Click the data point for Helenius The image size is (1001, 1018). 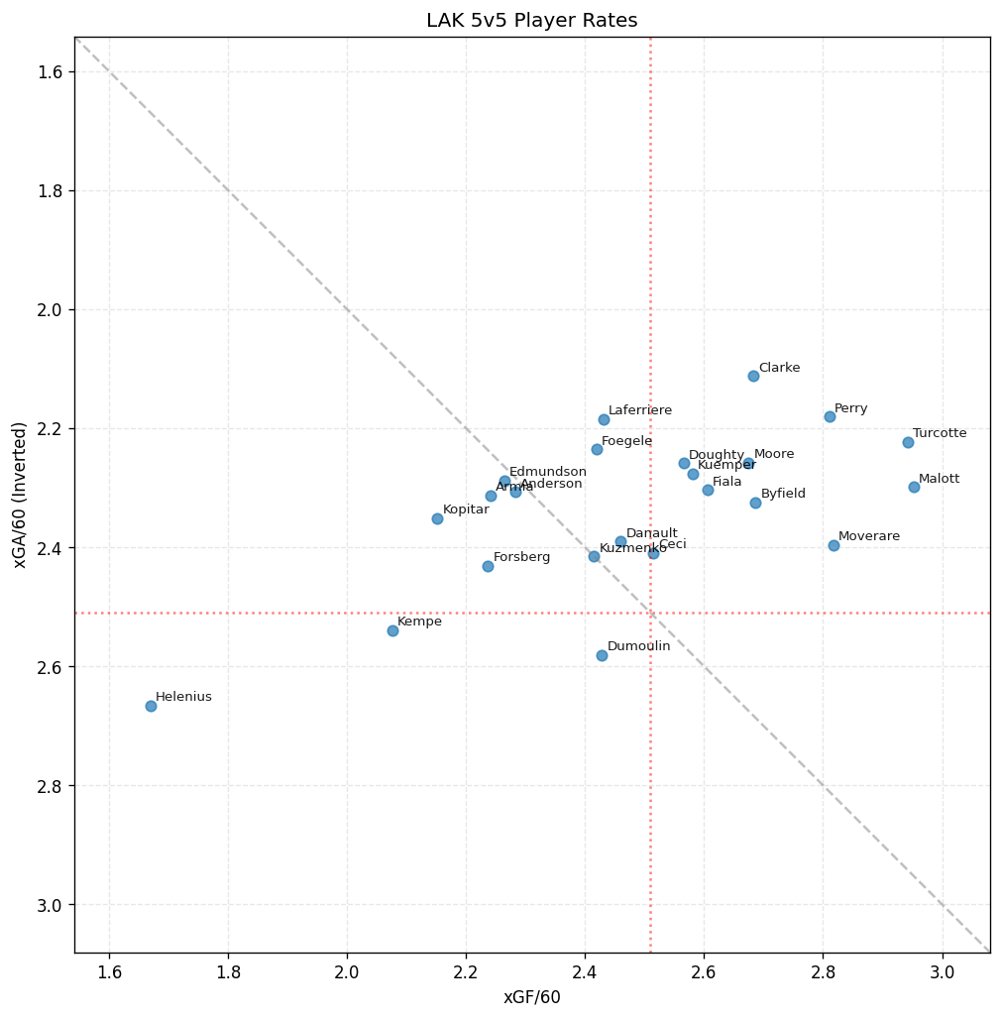151,706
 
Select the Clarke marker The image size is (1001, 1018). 753,376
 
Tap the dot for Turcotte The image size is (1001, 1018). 908,442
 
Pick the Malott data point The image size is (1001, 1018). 914,487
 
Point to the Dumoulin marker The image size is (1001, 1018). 602,655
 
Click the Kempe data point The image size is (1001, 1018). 392,630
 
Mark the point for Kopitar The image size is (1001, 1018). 437,518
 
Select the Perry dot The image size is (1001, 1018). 830,416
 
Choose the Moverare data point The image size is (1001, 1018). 834,545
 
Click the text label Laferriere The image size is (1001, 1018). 640,410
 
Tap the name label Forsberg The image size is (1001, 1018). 521,557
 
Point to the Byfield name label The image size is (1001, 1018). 783,494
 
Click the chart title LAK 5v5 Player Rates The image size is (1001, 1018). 532,21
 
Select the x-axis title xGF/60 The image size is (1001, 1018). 532,997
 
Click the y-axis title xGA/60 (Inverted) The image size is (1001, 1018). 20,495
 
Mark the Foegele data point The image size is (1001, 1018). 597,449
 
